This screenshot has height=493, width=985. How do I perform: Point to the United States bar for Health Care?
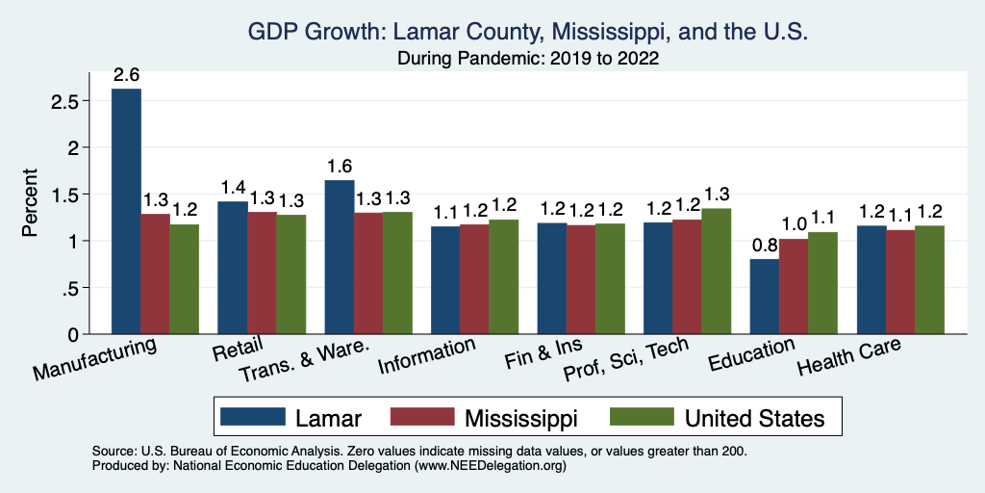929,280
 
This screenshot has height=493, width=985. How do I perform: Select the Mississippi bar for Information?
474,279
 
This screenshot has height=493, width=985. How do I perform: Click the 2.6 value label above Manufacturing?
127,75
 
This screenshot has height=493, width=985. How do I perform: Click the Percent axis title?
31,203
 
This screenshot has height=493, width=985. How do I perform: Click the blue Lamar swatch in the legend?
253,417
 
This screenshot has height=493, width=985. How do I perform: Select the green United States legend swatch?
642,417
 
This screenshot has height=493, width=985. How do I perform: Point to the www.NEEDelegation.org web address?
490,465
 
